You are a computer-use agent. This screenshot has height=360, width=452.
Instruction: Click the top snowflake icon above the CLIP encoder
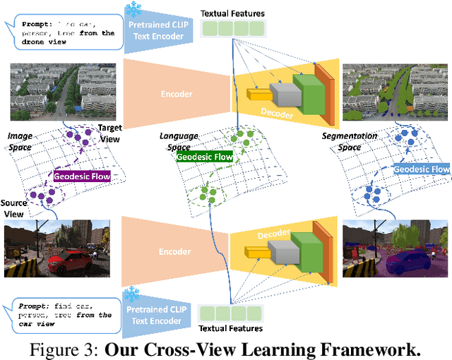[x=132, y=10]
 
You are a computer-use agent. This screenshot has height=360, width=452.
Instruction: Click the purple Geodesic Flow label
[x=82, y=176]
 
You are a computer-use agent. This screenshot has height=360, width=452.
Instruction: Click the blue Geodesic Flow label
[x=421, y=169]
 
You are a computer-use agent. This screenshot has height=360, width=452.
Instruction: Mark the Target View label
[x=109, y=133]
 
